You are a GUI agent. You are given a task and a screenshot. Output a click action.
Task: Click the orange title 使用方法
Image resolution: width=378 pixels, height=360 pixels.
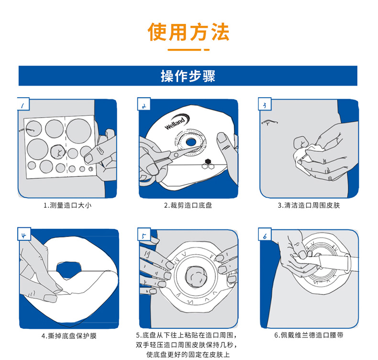(189, 32)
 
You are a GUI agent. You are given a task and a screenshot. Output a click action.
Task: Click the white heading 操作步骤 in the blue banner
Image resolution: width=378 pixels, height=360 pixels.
(188, 76)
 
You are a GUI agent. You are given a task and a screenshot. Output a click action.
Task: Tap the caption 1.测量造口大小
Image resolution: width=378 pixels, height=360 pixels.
(67, 205)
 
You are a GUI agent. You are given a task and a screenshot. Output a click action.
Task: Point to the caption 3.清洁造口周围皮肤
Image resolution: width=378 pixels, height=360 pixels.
(309, 205)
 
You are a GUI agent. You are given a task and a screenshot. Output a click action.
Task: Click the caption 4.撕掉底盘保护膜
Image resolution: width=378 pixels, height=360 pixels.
(67, 336)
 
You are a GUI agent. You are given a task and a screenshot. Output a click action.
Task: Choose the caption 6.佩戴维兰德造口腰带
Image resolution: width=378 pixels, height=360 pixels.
(309, 336)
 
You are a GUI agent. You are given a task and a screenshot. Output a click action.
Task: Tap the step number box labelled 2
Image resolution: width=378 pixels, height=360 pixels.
(144, 105)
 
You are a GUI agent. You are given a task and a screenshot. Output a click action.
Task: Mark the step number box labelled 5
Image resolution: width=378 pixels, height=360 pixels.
(144, 235)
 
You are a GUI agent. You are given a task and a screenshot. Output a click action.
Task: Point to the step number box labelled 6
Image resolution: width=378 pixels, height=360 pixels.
(265, 235)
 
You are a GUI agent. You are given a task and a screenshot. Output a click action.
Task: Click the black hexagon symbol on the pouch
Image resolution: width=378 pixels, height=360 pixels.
(208, 161)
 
